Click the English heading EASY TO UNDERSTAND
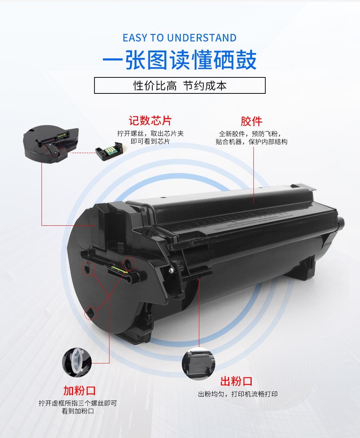coord(180,38)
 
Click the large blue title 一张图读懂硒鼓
coord(180,60)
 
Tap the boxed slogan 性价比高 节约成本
coord(180,85)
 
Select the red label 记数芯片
coord(150,121)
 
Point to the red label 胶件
coord(251,121)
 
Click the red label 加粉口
coord(79,391)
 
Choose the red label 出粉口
coord(236,381)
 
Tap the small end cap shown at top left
coord(51,144)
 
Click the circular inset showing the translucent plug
coord(77,363)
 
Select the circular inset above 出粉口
coord(199,363)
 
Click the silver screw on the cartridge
coord(171,270)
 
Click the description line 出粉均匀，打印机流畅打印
coord(238,394)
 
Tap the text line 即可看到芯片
coord(150,141)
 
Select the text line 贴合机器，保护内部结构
coord(251,142)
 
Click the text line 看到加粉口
coord(78,411)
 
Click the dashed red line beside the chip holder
coord(82,153)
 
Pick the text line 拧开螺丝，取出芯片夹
coord(151,133)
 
